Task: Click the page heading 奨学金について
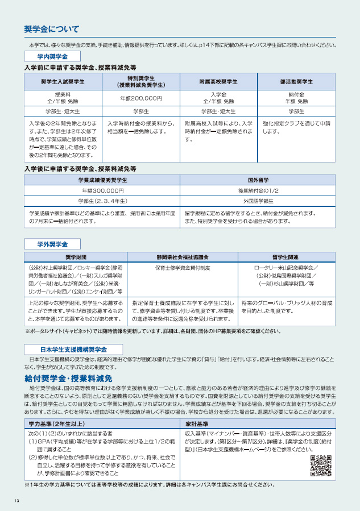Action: point(52,29)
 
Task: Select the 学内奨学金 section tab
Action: point(52,57)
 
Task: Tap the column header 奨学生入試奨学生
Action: point(63,81)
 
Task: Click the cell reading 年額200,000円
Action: point(140,98)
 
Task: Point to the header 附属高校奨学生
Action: point(218,81)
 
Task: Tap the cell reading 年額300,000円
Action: point(102,190)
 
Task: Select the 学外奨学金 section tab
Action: point(52,244)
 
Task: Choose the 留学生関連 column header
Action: point(286,257)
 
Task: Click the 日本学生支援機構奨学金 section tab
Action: point(73,348)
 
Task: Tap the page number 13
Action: point(17,500)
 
